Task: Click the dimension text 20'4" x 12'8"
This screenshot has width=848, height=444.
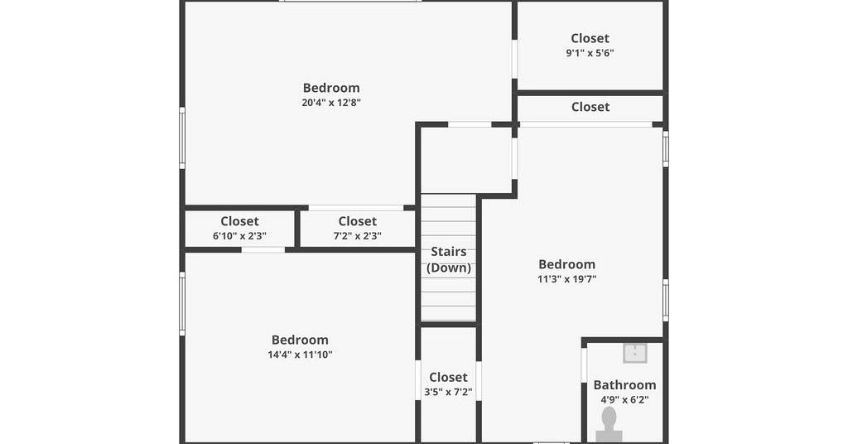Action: [x=331, y=103]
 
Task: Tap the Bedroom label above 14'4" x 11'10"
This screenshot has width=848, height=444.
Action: [x=300, y=340]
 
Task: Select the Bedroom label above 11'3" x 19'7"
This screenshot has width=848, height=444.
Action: [x=566, y=264]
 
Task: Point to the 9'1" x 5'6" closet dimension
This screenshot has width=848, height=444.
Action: [x=590, y=53]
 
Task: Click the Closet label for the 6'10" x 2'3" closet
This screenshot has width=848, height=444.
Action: [x=239, y=221]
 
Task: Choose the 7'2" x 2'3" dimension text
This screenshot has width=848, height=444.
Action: [x=358, y=236]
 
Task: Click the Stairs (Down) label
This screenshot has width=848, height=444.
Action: [x=448, y=259]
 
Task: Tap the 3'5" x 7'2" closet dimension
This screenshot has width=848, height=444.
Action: [x=448, y=392]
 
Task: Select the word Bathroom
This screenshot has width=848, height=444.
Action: [x=624, y=385]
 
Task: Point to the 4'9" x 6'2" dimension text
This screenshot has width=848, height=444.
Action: [x=624, y=400]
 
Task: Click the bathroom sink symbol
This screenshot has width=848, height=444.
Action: [x=635, y=353]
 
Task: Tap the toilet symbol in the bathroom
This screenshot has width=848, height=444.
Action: [x=609, y=425]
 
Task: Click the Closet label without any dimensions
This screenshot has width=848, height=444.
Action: [x=590, y=107]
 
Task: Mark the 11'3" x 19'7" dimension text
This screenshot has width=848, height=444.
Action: [x=566, y=280]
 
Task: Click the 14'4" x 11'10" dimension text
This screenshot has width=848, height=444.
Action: [x=300, y=355]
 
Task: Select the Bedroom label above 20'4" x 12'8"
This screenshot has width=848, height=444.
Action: [x=331, y=88]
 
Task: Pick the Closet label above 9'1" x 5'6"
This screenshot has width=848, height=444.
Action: [x=590, y=38]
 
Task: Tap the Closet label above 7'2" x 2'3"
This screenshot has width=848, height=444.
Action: [x=358, y=221]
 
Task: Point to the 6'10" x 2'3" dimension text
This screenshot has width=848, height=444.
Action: [x=239, y=236]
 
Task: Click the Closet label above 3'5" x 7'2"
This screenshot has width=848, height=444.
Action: [x=448, y=377]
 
